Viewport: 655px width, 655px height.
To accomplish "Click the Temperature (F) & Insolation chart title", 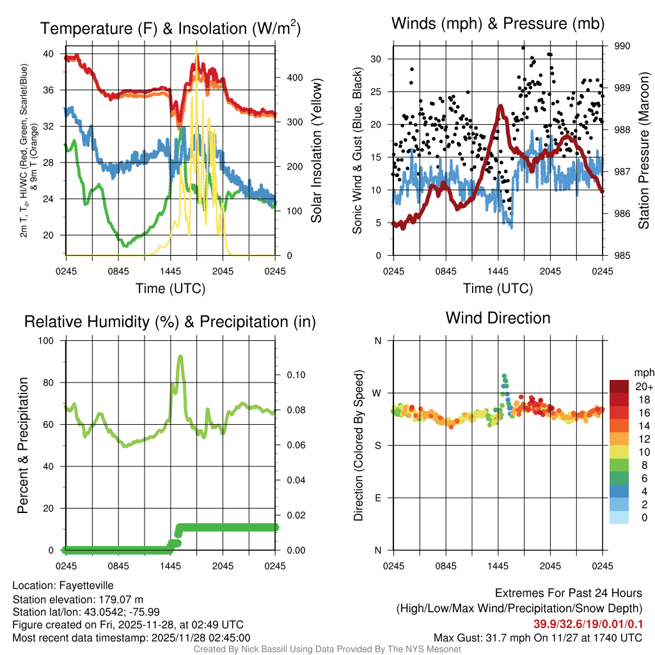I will (x=170, y=28).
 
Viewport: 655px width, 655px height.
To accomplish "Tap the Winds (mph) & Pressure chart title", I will (x=498, y=24).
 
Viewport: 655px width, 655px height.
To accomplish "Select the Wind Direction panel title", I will (x=498, y=318).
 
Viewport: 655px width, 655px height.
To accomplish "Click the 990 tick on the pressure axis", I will (x=622, y=46).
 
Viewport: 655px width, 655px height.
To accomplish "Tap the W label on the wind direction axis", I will (x=377, y=393).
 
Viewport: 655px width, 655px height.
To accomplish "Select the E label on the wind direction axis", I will (x=378, y=498).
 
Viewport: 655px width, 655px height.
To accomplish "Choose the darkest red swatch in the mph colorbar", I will (x=619, y=386).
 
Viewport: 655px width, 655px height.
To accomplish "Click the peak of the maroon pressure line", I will (x=500, y=106).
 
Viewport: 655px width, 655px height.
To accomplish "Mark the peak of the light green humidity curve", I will (x=180, y=356).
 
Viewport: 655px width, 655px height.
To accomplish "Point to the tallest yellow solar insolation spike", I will (x=196, y=48).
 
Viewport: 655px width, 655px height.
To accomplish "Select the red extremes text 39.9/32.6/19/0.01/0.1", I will (x=588, y=624).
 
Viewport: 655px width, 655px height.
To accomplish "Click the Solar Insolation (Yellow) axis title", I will (x=316, y=151).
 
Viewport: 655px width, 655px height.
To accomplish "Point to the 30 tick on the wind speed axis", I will (x=376, y=59).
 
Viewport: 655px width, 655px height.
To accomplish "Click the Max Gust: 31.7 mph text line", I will (x=537, y=638).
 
